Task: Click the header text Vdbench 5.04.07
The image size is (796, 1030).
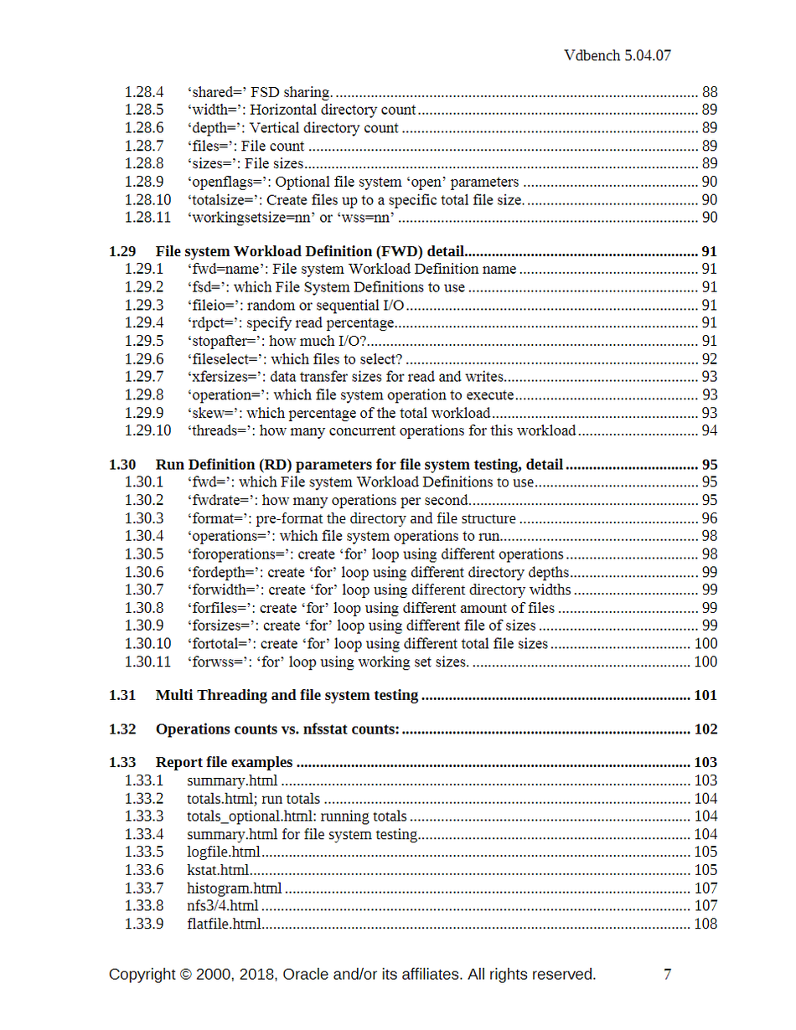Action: (618, 56)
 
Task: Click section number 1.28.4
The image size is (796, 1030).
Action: (144, 92)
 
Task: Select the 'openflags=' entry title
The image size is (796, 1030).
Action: (353, 182)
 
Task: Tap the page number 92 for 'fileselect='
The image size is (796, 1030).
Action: (709, 358)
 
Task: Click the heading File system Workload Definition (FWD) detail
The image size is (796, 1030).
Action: (310, 251)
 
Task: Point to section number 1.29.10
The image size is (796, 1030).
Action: (147, 430)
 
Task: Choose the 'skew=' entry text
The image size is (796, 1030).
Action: (339, 413)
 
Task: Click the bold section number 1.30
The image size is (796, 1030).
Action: (122, 465)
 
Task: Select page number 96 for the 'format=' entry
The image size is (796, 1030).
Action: (709, 518)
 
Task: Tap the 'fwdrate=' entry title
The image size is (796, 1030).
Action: (328, 501)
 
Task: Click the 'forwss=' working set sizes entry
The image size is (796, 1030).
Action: (328, 662)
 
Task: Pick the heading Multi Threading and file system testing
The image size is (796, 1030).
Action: (287, 695)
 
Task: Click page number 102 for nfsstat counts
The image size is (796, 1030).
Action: (706, 729)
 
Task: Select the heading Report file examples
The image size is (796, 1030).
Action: (224, 763)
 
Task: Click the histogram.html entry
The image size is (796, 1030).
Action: (234, 888)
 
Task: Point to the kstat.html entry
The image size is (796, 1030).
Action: (220, 870)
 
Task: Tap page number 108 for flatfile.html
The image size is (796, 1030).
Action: (706, 924)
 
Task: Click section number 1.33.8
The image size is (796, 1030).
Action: (144, 906)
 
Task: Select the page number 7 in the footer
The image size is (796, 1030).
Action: (668, 975)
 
